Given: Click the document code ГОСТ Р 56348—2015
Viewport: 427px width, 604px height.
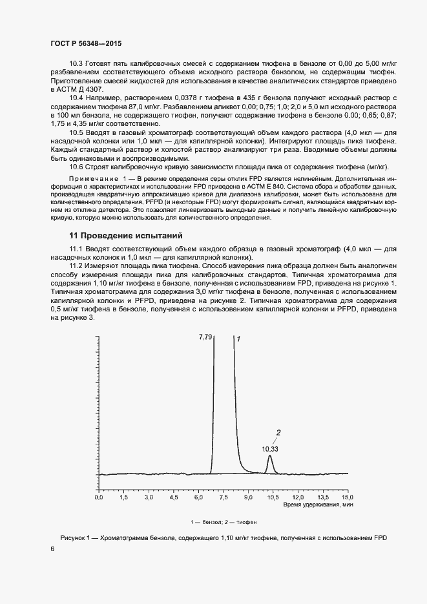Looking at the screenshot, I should (x=85, y=44).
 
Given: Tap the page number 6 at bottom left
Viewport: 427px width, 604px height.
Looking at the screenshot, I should (x=52, y=549).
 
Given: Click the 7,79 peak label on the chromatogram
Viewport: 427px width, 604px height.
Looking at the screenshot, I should (x=205, y=337).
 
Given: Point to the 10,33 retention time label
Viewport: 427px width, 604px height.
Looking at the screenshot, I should (x=270, y=448).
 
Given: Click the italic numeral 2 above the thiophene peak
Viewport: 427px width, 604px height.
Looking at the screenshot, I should (x=278, y=432).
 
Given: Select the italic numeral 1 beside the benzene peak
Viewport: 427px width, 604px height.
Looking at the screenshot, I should (x=238, y=338).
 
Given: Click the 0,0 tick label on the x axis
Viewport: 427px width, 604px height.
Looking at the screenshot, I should (x=99, y=498).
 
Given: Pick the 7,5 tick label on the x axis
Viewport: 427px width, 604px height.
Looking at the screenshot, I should (x=223, y=498).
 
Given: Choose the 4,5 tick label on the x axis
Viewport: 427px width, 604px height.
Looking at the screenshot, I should (x=173, y=498).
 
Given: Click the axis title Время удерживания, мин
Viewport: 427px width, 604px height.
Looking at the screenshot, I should (x=318, y=506).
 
